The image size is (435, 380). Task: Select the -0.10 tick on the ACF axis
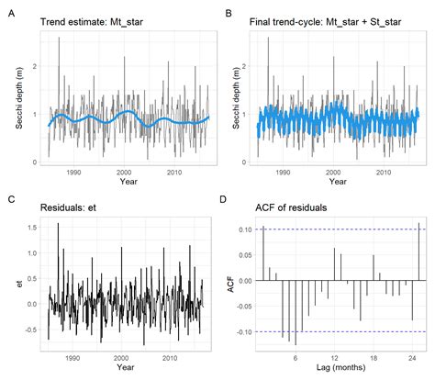[x=243, y=330]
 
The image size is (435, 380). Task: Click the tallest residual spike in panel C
[x=59, y=223]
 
